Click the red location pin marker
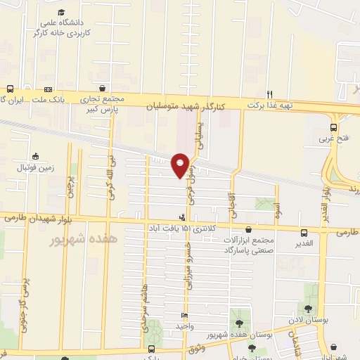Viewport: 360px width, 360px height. [x=181, y=165]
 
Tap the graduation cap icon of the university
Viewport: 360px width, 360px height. [x=62, y=13]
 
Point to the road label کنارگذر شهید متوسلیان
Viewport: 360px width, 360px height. [x=185, y=106]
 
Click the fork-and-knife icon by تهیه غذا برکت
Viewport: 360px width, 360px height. [x=269, y=94]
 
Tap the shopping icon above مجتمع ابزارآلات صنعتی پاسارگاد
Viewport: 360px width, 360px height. [x=249, y=229]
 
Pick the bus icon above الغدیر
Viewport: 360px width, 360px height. [x=304, y=233]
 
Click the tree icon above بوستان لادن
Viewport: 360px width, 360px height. [x=307, y=309]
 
